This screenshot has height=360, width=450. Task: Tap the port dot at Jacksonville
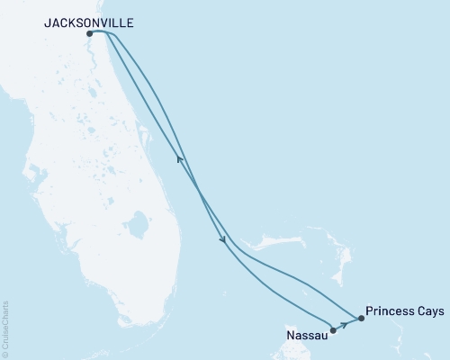click(x=89, y=34)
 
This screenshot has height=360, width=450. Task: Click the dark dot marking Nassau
click(x=333, y=330)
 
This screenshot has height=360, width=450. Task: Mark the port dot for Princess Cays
click(x=361, y=318)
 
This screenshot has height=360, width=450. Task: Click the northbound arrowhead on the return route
click(x=179, y=159)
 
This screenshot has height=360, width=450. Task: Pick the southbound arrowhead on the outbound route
click(x=221, y=239)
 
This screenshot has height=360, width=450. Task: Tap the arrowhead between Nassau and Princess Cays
click(x=344, y=324)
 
